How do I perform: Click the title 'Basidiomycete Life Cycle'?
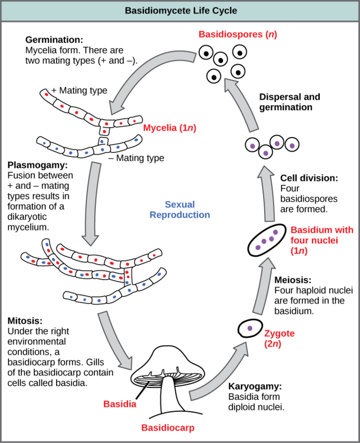click(181, 10)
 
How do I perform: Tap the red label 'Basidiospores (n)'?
click(238, 35)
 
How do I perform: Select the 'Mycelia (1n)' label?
click(169, 128)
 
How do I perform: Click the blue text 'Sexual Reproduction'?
click(179, 210)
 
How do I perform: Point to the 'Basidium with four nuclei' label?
click(321, 240)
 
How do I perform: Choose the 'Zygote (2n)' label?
click(278, 338)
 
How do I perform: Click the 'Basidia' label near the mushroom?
click(120, 403)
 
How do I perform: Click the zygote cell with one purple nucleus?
click(250, 329)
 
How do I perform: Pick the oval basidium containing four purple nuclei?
click(267, 240)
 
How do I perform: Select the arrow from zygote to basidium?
click(263, 288)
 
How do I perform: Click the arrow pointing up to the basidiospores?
click(241, 103)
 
